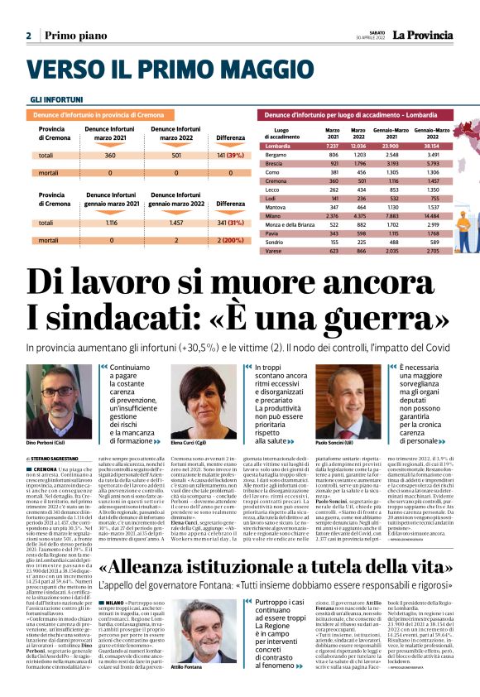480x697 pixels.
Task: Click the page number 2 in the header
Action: pos(29,36)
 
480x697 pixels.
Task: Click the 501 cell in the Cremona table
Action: pos(175,155)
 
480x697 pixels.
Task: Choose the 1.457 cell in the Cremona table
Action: pos(175,223)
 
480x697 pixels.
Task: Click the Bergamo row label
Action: pos(276,155)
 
